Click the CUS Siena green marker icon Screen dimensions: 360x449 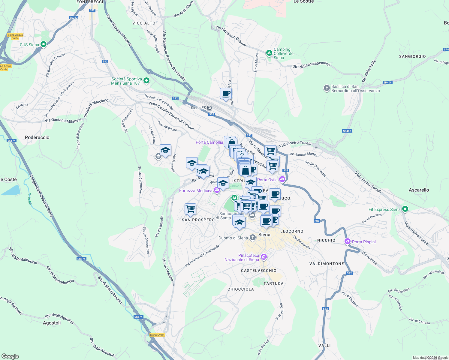[x=44, y=45]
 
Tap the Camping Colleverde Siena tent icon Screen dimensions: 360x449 [x=269, y=53]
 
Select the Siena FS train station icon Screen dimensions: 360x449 [x=209, y=108]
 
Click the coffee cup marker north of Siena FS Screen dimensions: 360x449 [x=226, y=93]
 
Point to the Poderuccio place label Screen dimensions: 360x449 [x=37, y=137]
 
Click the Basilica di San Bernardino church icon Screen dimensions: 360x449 [x=327, y=88]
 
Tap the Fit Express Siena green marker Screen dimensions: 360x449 [x=405, y=209]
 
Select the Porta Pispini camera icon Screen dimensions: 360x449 [x=348, y=241]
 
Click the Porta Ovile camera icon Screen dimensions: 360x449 [x=282, y=179]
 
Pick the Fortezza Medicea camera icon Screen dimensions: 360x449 [x=217, y=190]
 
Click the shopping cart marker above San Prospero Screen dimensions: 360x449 [x=191, y=209]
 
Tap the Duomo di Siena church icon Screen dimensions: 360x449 [x=252, y=238]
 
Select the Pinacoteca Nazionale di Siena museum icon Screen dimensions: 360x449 [x=264, y=257]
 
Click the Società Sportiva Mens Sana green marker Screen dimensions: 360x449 [x=146, y=80]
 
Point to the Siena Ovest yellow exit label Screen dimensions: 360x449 [x=157, y=335]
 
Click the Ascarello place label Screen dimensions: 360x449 [x=419, y=190]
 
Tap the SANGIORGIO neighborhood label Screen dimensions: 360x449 [x=412, y=56]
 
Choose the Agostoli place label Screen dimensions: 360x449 [x=52, y=323]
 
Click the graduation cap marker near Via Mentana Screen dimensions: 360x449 [x=165, y=150]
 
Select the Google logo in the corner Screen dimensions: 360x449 [x=10, y=356]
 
